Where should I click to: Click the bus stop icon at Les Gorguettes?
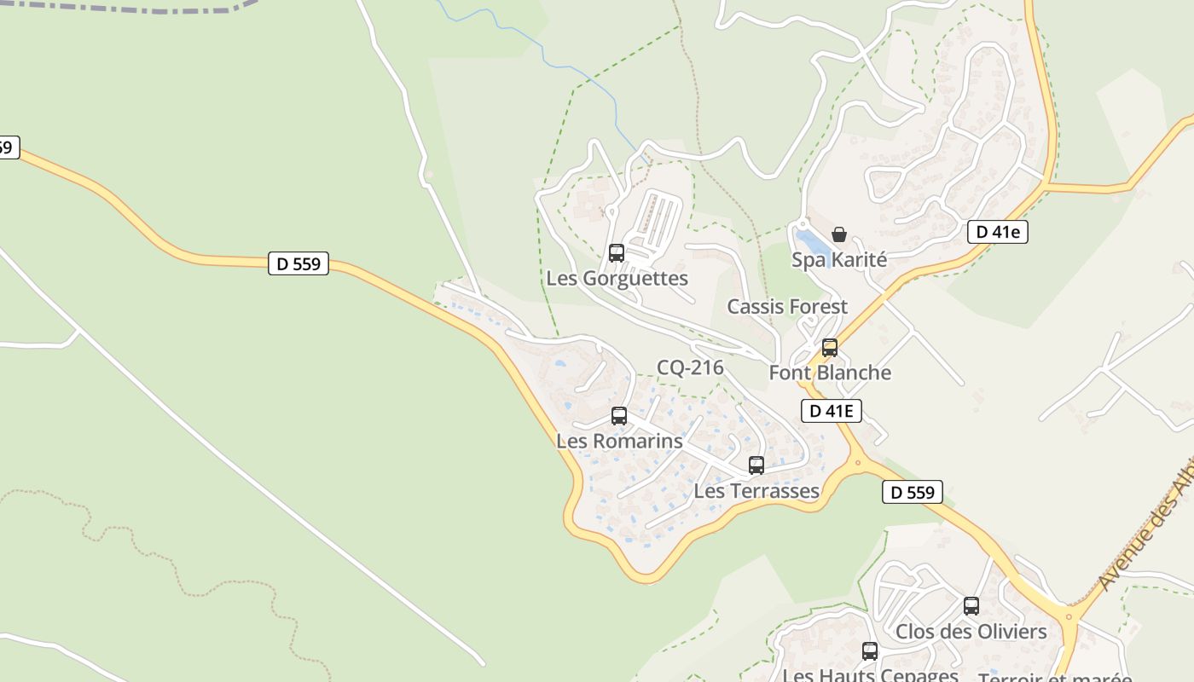[x=616, y=253]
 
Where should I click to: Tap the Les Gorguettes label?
[x=617, y=279]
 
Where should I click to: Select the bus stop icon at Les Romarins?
[x=619, y=416]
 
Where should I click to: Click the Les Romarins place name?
[x=619, y=442]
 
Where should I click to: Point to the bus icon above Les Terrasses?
[x=756, y=465]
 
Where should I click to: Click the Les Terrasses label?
[x=756, y=491]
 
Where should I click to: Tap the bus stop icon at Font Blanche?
[x=830, y=348]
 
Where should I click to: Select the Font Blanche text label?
[x=830, y=373]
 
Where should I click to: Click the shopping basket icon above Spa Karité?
[x=839, y=234]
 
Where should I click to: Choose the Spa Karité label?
[x=839, y=260]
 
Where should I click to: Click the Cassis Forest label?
[x=787, y=307]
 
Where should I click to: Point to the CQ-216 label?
[x=690, y=368]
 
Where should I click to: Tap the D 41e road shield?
[x=998, y=232]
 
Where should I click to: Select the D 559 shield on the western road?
[x=298, y=264]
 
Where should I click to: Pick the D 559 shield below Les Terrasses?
[x=913, y=492]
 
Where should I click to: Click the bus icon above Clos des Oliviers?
[x=971, y=606]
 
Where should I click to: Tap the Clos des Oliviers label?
[x=971, y=633]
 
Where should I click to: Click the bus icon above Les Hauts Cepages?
[x=870, y=651]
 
